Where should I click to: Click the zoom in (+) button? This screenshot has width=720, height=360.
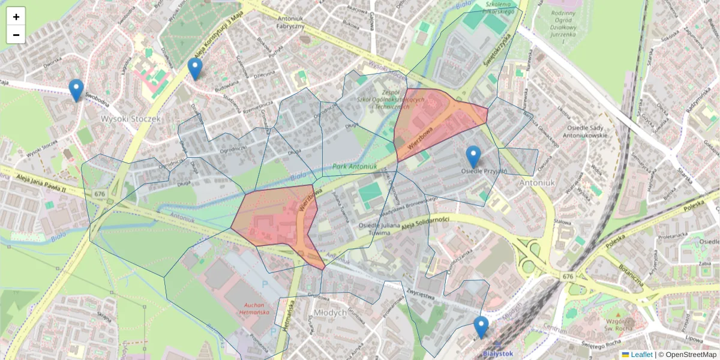pyautogui.click(x=16, y=17)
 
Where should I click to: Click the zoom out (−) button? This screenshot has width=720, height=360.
pyautogui.click(x=16, y=35)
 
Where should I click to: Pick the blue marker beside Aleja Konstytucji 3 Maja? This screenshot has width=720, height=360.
pyautogui.click(x=194, y=69)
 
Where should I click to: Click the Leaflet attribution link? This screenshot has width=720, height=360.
pyautogui.click(x=641, y=355)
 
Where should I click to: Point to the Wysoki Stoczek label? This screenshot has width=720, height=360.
pyautogui.click(x=131, y=119)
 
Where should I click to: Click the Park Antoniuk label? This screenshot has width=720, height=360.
pyautogui.click(x=353, y=166)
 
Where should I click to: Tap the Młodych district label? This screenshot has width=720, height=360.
pyautogui.click(x=330, y=313)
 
